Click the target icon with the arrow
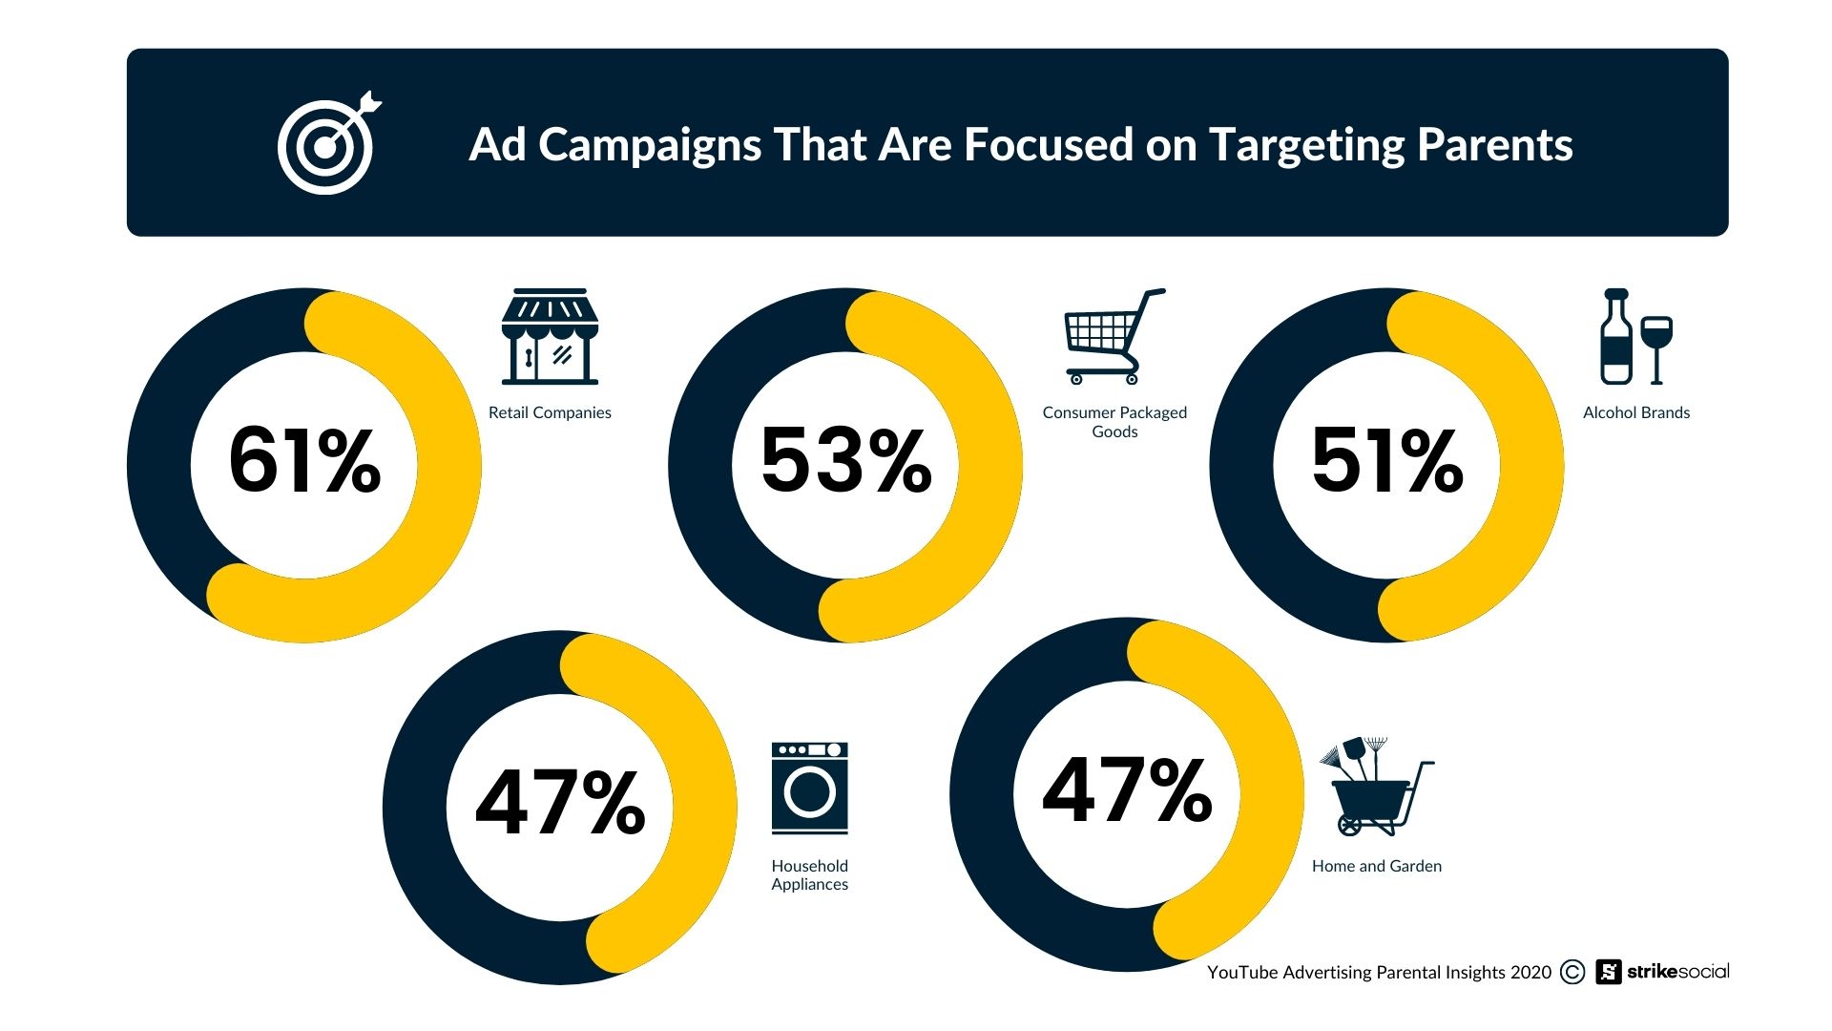point(327,145)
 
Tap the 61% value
point(304,461)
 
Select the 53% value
point(845,461)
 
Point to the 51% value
point(1386,461)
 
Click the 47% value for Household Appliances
point(560,803)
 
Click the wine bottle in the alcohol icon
point(1615,337)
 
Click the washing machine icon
point(809,789)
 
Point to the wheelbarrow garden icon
point(1375,788)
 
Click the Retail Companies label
point(550,412)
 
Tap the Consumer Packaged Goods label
point(1114,422)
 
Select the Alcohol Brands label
point(1635,412)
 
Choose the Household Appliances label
point(809,874)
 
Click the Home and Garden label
point(1376,866)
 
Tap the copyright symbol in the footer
point(1572,972)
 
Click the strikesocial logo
point(1662,972)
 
